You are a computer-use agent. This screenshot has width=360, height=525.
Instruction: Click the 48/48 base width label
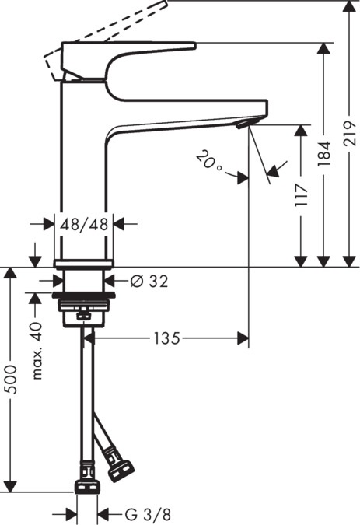(x=84, y=224)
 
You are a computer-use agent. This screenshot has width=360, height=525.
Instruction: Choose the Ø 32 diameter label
(x=150, y=281)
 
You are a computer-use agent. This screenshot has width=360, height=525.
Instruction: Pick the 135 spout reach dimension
(x=166, y=338)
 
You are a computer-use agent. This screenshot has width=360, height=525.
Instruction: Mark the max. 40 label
(x=35, y=351)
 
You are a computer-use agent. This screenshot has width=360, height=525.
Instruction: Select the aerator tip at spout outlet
(x=243, y=124)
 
